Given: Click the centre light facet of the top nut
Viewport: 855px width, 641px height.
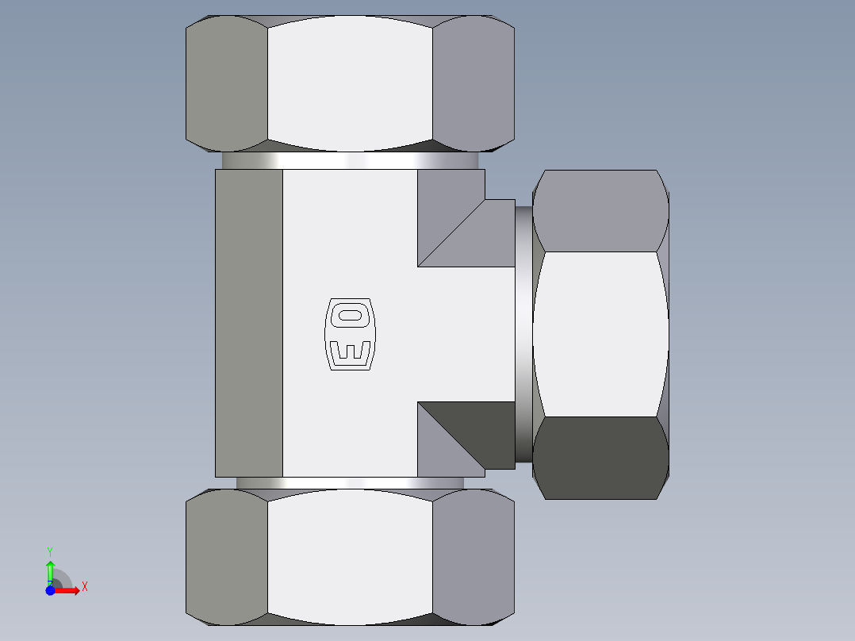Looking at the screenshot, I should tap(350, 83).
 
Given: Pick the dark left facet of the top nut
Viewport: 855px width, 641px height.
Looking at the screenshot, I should tap(226, 83).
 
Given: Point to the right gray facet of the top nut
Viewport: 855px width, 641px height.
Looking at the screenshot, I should tap(474, 83).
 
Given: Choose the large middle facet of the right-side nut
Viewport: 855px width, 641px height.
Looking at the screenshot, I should tap(600, 334).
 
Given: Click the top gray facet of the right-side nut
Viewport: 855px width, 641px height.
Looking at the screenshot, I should tap(600, 211).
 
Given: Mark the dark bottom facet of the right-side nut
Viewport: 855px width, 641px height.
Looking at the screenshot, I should tap(600, 458).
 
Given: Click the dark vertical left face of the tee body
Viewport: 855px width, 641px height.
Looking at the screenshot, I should tap(249, 323).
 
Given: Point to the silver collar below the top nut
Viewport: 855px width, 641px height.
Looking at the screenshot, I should tap(350, 160).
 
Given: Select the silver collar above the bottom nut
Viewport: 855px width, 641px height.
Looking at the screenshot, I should tap(350, 482).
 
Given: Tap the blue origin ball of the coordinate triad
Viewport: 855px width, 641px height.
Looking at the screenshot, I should tap(50, 590).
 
